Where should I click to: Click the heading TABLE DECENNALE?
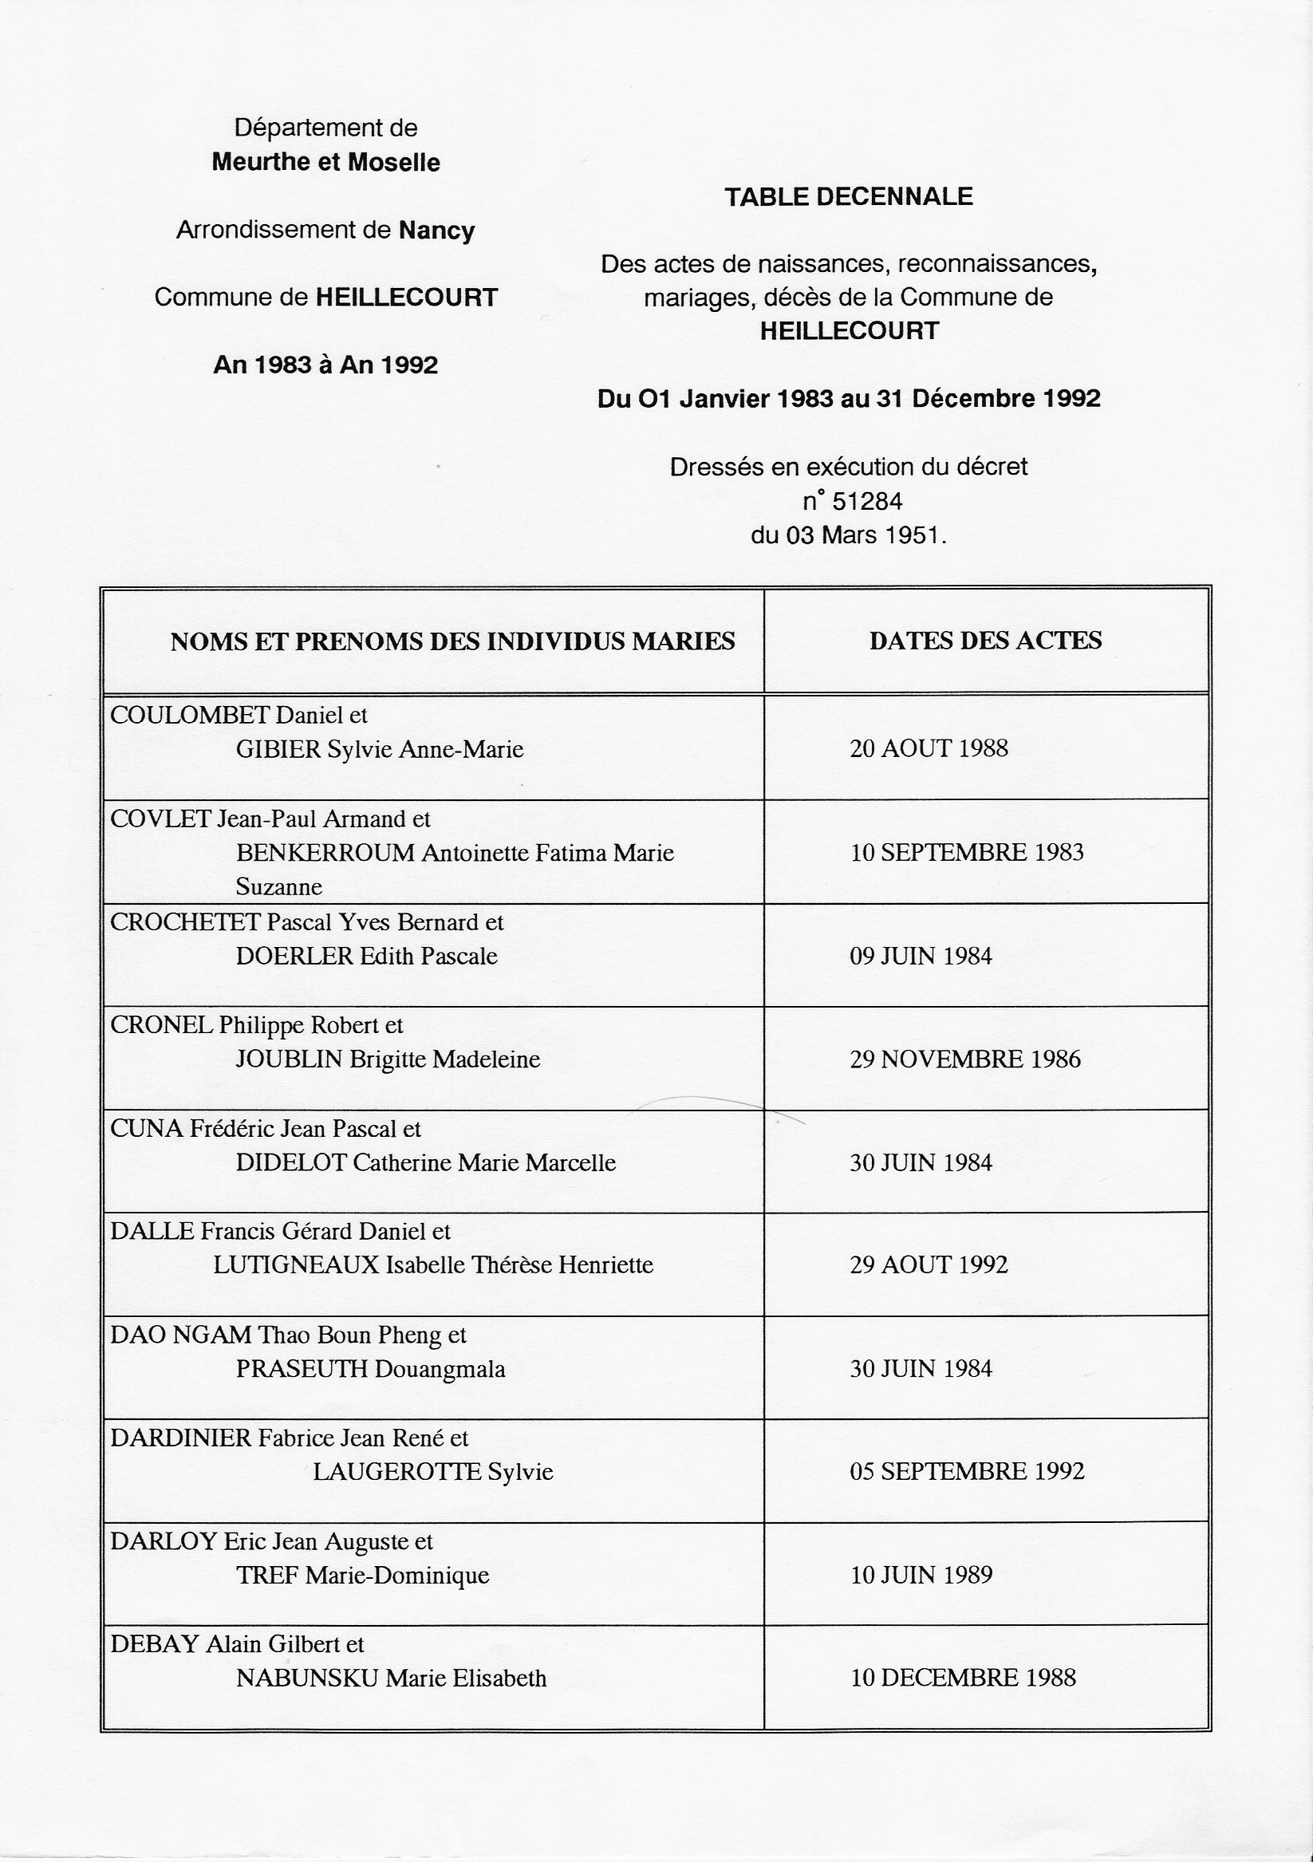tap(848, 197)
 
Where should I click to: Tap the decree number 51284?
tap(867, 502)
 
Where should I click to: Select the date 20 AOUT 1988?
tap(929, 748)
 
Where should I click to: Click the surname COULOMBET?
tap(190, 716)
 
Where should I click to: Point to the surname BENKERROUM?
tap(325, 853)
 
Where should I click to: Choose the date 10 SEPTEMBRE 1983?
tap(967, 852)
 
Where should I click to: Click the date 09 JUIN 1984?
tap(921, 957)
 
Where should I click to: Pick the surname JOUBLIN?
tap(289, 1060)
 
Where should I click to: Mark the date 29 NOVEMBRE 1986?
tap(965, 1059)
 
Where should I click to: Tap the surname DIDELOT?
tap(292, 1163)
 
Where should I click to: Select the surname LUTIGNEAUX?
tap(296, 1265)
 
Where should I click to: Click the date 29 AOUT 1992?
tap(929, 1265)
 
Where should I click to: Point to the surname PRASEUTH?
tap(302, 1369)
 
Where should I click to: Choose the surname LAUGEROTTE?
tap(396, 1472)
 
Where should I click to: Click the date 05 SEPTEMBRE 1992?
tap(967, 1471)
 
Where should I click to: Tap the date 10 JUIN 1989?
tap(921, 1575)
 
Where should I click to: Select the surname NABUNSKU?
tap(306, 1678)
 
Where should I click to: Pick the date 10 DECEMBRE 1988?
tap(963, 1678)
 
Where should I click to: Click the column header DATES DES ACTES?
tap(985, 641)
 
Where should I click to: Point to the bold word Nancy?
tap(436, 231)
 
